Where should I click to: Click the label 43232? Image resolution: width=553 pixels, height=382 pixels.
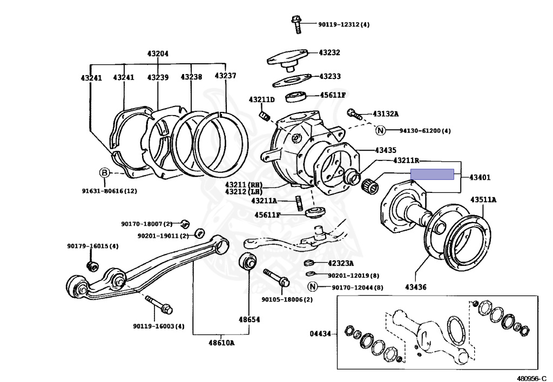(x=329, y=53)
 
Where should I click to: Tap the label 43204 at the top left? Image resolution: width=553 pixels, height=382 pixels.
(x=158, y=53)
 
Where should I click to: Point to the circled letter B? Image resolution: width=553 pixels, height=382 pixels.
(x=104, y=173)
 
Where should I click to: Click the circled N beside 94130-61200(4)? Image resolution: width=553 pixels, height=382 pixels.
(x=380, y=130)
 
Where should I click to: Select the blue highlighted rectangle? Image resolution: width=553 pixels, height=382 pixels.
(x=432, y=174)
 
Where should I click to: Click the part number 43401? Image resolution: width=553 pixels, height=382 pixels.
(x=480, y=177)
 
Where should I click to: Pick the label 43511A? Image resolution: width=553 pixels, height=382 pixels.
(x=483, y=200)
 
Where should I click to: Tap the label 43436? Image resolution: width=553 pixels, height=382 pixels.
(x=415, y=287)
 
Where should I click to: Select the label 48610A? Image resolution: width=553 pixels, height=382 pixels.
(x=221, y=343)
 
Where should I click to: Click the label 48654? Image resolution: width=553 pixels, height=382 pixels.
(x=249, y=319)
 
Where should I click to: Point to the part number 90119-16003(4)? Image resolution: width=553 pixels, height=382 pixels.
(x=158, y=326)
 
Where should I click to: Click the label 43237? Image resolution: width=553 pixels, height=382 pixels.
(x=225, y=76)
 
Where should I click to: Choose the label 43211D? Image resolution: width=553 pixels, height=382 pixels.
(x=262, y=100)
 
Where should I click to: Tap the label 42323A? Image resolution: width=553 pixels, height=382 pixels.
(x=341, y=264)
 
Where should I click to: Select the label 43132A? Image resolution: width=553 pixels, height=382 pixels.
(x=386, y=114)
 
